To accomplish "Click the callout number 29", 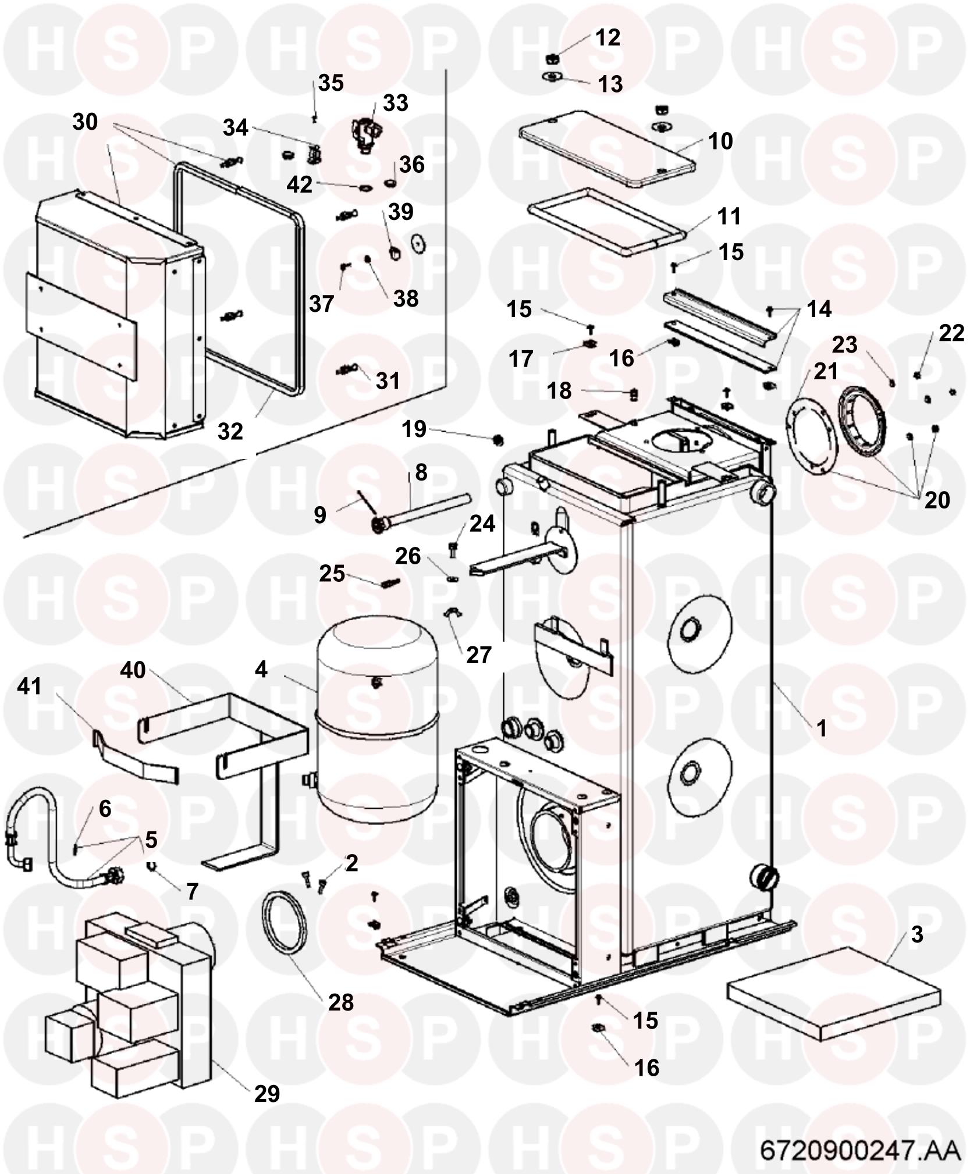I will [x=267, y=1094].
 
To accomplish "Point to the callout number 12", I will [x=607, y=38].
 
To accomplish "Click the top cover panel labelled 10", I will [x=607, y=148].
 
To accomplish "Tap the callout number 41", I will [x=30, y=686].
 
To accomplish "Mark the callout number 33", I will [x=396, y=104].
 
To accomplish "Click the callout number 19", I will [x=414, y=430].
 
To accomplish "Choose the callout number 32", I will [x=230, y=432].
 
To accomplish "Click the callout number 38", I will [x=406, y=298].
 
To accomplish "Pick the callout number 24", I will [x=482, y=524].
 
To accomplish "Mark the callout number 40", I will [x=133, y=670].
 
